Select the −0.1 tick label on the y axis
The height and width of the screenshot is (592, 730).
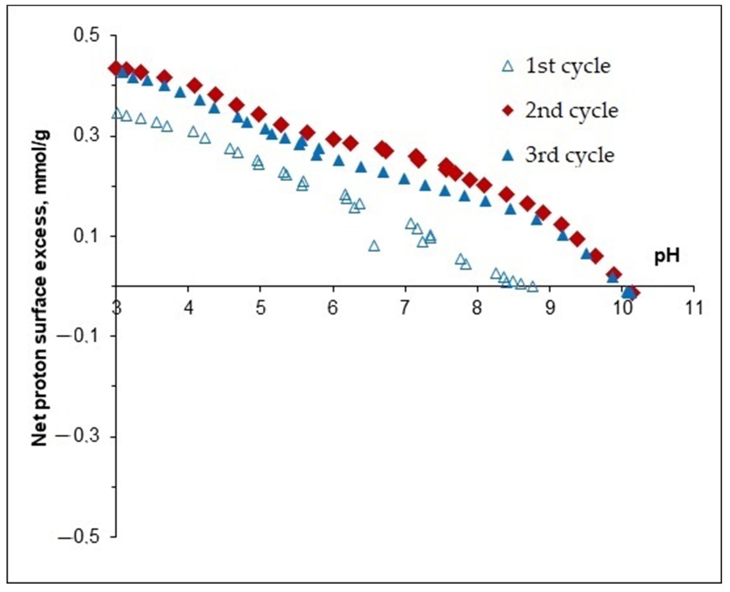[x=82, y=336]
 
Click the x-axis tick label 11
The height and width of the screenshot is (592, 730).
[x=694, y=308]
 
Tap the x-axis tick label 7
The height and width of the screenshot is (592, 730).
[x=404, y=308]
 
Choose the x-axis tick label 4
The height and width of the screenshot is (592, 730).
[x=188, y=308]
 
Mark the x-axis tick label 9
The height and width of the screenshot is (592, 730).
[x=549, y=308]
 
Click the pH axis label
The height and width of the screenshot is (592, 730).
[x=667, y=256]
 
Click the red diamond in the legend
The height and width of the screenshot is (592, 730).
[x=508, y=111]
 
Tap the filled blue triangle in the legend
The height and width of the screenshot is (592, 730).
[x=508, y=156]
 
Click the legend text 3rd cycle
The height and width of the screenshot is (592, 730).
[x=570, y=156]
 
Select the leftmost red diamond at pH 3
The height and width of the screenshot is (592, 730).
[x=116, y=67]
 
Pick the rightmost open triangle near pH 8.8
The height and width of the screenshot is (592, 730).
[x=532, y=287]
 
